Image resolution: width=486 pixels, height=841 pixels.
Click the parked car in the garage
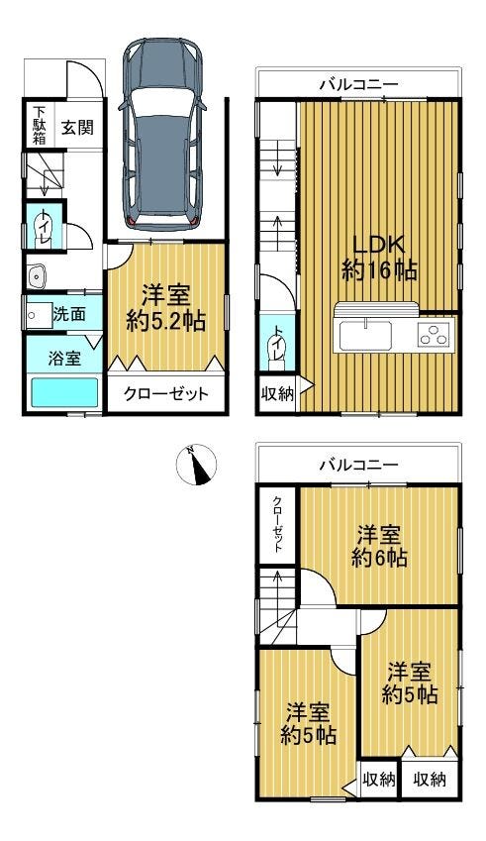click(x=162, y=133)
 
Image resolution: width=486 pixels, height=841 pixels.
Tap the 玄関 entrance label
click(x=77, y=128)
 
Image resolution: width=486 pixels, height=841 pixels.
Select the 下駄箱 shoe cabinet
click(x=40, y=126)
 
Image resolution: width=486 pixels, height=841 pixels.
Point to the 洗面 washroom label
click(x=69, y=315)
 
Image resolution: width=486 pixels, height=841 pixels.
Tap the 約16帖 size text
click(x=379, y=270)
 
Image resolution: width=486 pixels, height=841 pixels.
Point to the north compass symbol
click(x=197, y=465)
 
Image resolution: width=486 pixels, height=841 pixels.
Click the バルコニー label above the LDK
click(x=358, y=85)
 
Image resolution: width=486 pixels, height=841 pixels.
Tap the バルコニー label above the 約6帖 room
click(x=358, y=465)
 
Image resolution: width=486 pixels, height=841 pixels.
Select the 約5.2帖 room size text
click(x=165, y=321)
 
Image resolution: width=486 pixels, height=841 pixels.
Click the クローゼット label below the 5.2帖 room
click(x=165, y=394)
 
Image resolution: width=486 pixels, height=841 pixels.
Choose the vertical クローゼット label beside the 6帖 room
click(x=277, y=525)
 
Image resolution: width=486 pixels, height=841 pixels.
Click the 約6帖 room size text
click(x=379, y=559)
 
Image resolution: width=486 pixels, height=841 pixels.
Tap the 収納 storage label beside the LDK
click(x=277, y=395)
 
